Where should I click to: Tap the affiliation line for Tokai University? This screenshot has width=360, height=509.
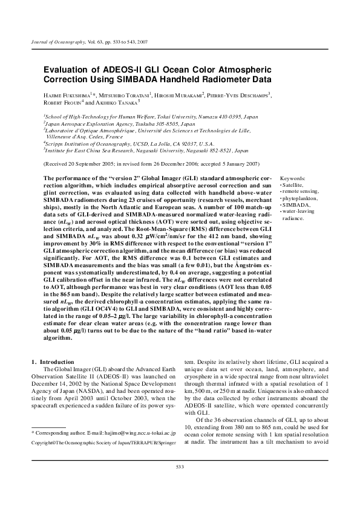tap(151, 115)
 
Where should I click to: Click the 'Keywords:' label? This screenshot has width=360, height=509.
tap(292, 179)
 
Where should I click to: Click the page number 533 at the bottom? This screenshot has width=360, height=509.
tap(180, 483)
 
